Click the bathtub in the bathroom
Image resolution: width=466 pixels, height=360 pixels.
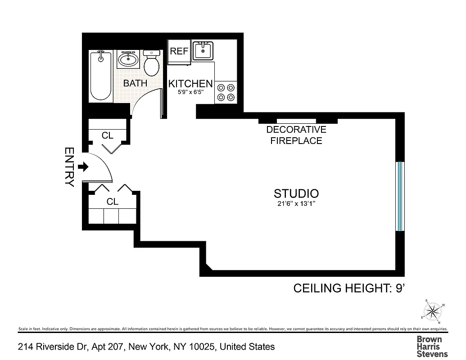click(100, 76)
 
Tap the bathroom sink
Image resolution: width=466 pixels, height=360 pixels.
click(128, 59)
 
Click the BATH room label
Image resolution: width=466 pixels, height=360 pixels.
click(135, 83)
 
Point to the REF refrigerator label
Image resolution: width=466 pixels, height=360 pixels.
click(179, 51)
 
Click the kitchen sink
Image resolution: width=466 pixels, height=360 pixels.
click(203, 50)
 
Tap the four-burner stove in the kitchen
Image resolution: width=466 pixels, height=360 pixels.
click(226, 92)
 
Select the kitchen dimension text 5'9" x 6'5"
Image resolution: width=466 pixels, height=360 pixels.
click(190, 93)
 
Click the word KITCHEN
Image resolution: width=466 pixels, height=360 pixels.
click(190, 83)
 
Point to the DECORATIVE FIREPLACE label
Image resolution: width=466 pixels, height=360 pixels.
click(296, 135)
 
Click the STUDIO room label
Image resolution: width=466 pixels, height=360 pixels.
click(296, 193)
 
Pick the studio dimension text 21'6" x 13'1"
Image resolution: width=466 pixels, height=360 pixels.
click(296, 203)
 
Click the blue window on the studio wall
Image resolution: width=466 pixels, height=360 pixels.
click(399, 196)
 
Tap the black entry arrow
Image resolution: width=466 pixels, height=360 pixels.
click(83, 167)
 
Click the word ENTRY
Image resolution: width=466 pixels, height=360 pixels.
click(69, 167)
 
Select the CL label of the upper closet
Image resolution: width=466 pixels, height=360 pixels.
click(107, 135)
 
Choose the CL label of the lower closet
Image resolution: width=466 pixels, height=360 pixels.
click(113, 202)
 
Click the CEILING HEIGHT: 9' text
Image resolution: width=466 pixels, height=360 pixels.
click(350, 288)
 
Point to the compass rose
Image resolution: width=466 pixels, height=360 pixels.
click(433, 310)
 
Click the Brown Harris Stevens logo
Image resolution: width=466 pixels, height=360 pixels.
click(429, 346)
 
